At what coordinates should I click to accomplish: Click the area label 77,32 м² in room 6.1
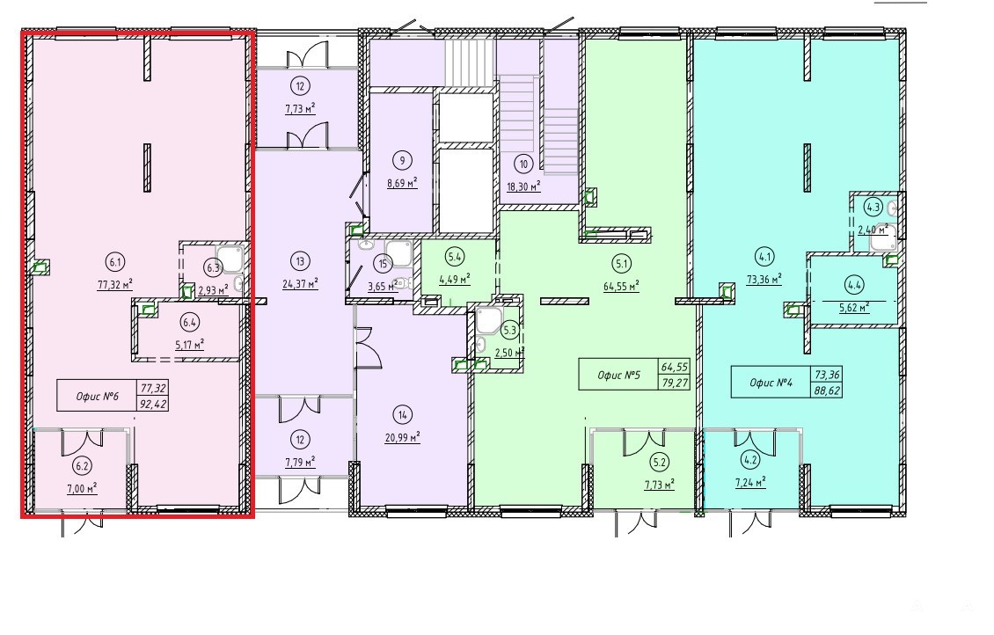(114, 285)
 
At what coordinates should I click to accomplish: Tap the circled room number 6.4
(189, 323)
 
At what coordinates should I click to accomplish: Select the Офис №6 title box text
(98, 396)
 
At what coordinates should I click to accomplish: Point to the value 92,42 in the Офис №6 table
(153, 403)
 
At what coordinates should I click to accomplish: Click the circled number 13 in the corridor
(300, 261)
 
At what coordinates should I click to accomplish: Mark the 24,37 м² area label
(300, 284)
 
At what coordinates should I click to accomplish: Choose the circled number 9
(402, 160)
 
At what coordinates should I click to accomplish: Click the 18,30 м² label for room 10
(523, 187)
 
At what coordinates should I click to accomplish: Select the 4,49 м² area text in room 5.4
(455, 279)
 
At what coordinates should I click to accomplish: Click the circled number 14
(402, 415)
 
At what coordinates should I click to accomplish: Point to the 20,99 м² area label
(402, 437)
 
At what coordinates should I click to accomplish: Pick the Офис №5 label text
(618, 375)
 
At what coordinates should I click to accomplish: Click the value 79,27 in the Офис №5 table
(675, 382)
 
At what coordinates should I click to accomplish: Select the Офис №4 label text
(771, 382)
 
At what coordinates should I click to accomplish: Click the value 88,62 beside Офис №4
(827, 390)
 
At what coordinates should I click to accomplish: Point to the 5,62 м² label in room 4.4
(854, 308)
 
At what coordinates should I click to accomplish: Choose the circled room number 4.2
(750, 461)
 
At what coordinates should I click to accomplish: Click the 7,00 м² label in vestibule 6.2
(82, 489)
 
